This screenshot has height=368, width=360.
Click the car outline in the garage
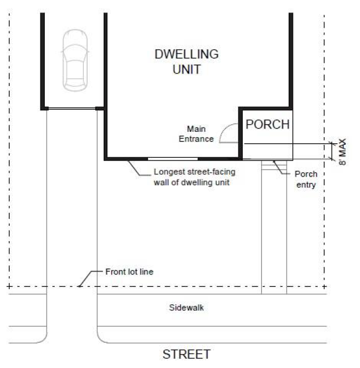[x=75, y=61]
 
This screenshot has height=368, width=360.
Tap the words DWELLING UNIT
[x=186, y=62]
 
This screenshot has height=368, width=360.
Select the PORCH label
[x=268, y=124]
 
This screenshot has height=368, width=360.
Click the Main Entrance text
[x=196, y=134]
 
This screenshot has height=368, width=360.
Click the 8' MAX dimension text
[x=342, y=152]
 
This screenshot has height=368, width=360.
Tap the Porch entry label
[x=306, y=179]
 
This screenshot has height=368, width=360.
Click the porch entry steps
[x=274, y=165]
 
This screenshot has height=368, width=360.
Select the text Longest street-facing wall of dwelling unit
[x=195, y=177]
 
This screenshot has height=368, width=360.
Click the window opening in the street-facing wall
[x=172, y=159]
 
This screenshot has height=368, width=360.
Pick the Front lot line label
[x=129, y=272]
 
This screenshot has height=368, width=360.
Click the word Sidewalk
[x=186, y=307]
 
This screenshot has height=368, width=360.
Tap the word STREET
[x=186, y=354]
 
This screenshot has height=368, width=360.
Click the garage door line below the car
[x=72, y=109]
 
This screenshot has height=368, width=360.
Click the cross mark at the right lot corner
[x=324, y=286]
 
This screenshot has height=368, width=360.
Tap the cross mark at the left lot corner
[x=9, y=286]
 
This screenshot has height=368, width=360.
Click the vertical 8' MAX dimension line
[x=332, y=151]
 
